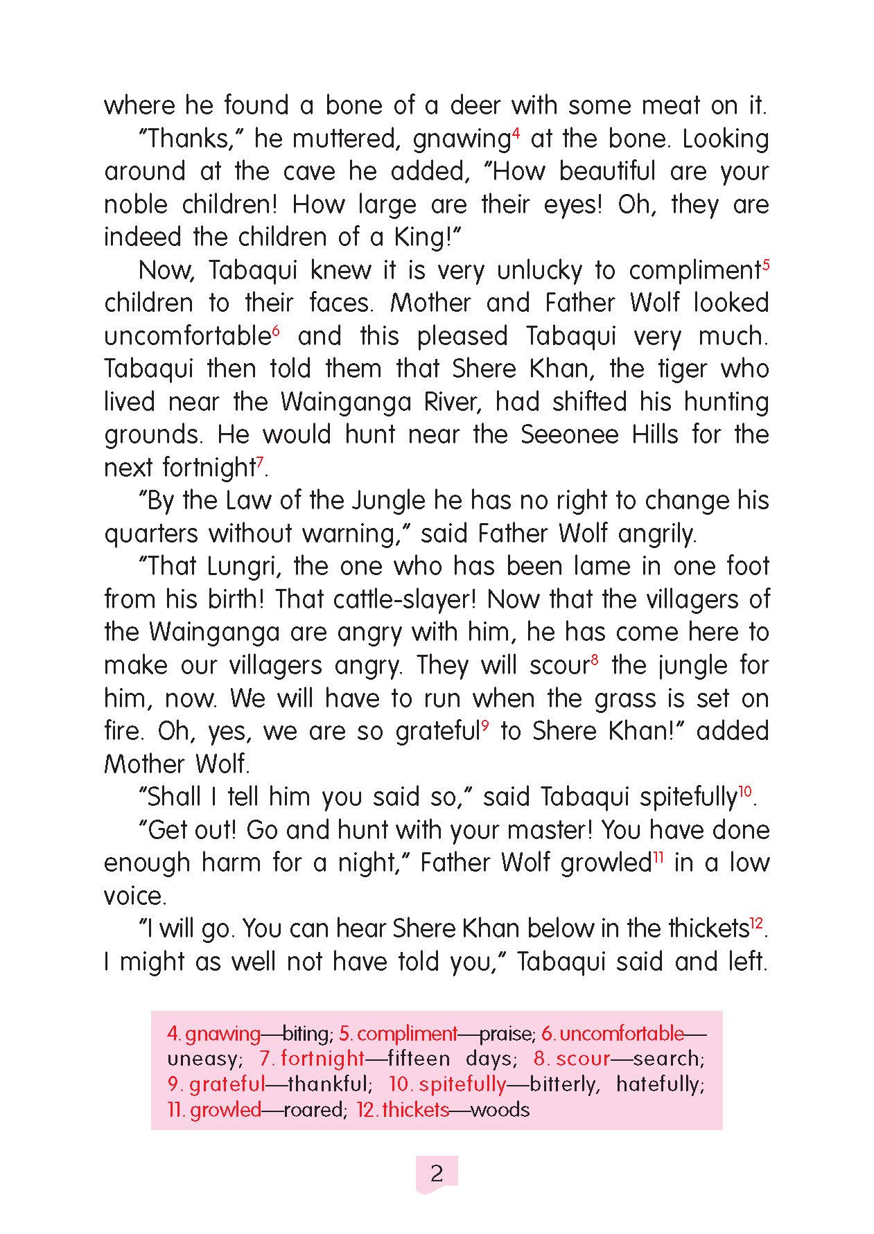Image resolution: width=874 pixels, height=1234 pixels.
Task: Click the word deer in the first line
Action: point(475,105)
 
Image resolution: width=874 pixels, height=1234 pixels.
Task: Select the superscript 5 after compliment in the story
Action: point(766,264)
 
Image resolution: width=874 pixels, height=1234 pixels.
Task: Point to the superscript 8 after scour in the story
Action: point(594,659)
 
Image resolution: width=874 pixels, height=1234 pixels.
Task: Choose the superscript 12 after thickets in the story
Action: point(756,922)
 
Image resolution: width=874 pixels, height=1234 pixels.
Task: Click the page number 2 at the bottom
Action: point(437,1174)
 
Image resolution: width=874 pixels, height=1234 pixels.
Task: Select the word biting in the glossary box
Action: point(306,1034)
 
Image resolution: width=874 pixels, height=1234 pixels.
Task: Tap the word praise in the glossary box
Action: point(506,1034)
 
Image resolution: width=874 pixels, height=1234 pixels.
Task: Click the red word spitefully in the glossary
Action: point(462,1084)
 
